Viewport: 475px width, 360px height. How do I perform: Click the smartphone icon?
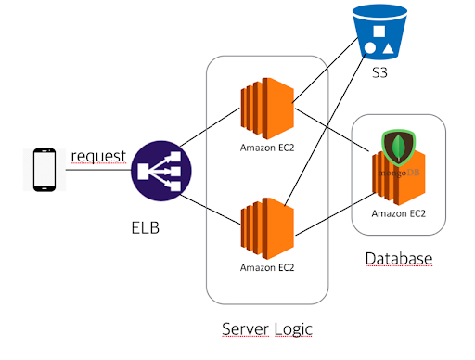(45, 170)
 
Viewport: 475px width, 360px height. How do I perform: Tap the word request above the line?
(98, 157)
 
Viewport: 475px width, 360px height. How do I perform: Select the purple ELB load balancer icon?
(161, 171)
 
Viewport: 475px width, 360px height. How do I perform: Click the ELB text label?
(146, 228)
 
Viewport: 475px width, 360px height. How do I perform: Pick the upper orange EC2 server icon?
(267, 109)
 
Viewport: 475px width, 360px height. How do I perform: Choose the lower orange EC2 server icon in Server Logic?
(267, 228)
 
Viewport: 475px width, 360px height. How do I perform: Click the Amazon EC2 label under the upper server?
(267, 148)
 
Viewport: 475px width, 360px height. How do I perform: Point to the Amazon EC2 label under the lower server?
(267, 267)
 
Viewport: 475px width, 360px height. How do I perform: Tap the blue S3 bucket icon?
(379, 32)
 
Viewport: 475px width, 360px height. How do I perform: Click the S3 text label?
(379, 72)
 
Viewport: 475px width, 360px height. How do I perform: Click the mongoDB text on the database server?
(399, 173)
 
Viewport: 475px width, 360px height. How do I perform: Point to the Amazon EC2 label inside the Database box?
(399, 213)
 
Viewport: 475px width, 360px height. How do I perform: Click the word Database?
(399, 259)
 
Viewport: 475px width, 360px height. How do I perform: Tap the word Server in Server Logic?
(245, 328)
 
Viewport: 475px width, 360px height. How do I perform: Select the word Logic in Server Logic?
(293, 329)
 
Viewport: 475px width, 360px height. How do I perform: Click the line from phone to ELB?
(98, 170)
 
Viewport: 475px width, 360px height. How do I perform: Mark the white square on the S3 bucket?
(379, 32)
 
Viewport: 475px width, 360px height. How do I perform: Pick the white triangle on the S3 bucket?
(388, 49)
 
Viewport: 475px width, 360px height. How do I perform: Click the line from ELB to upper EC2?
(210, 127)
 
